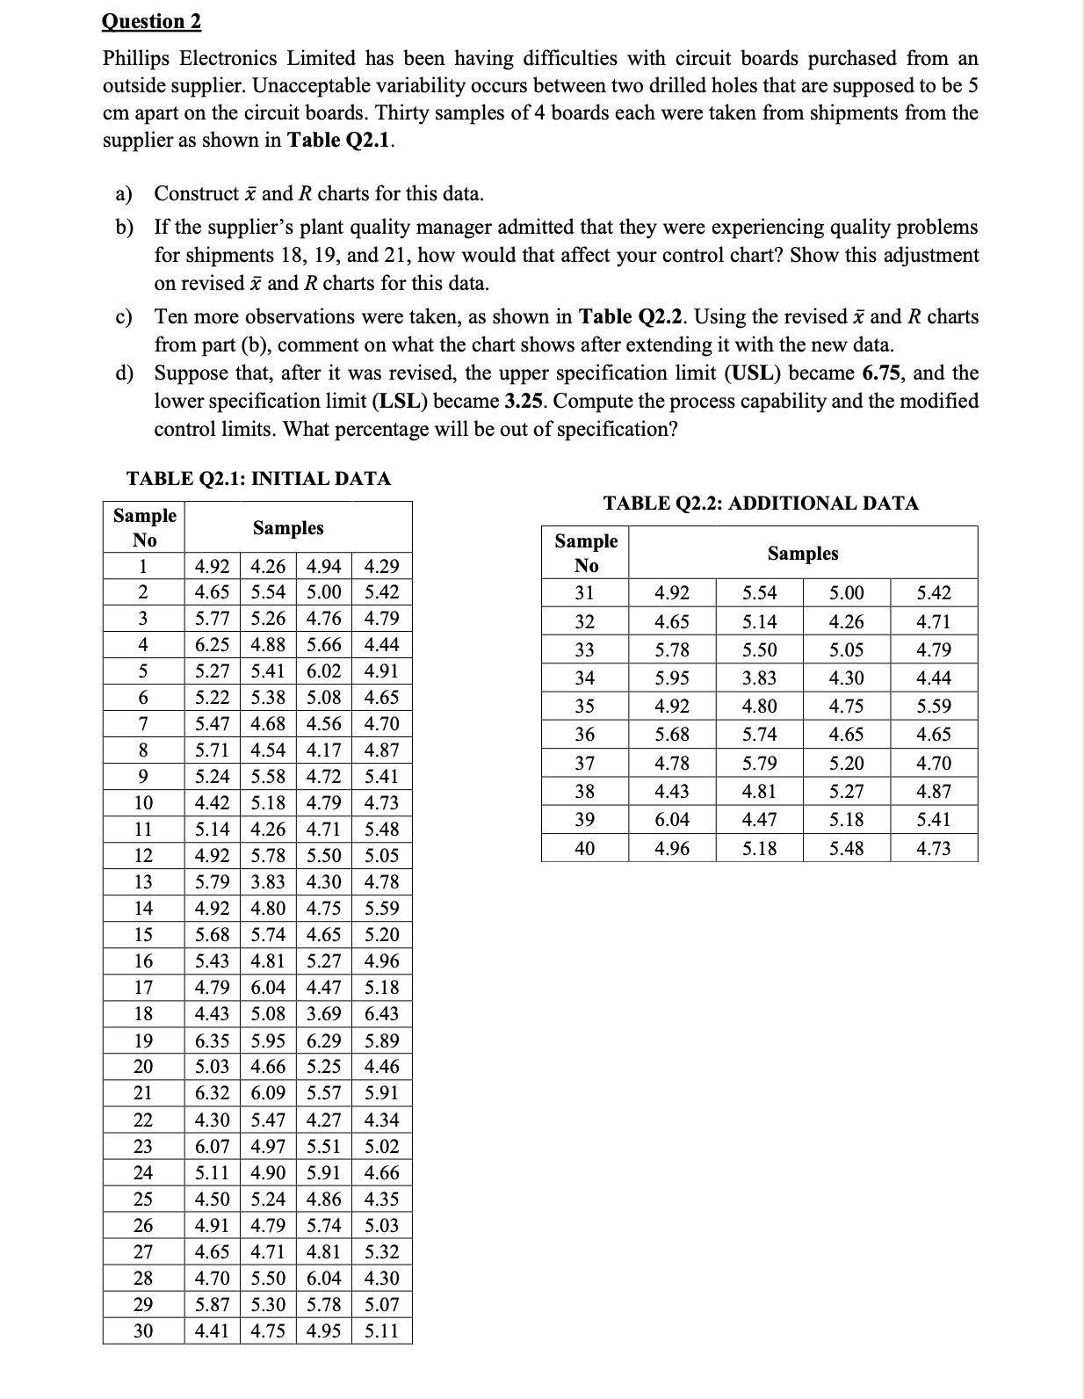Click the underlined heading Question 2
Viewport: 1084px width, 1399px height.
tap(152, 21)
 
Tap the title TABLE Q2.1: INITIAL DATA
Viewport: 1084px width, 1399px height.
tap(258, 479)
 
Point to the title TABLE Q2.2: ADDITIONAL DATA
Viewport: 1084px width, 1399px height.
tap(761, 504)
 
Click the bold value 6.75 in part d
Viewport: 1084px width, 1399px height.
tap(884, 373)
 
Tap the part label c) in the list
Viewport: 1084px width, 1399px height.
tap(125, 316)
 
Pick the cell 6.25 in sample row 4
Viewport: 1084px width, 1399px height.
tap(212, 644)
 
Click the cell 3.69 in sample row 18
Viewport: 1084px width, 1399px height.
tap(324, 1013)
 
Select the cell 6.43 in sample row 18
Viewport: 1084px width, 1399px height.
tap(381, 1013)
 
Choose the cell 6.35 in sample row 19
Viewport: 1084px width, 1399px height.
tap(212, 1040)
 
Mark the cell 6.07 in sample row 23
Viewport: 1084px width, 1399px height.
tap(212, 1146)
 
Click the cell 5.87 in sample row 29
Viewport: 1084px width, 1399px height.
tap(212, 1304)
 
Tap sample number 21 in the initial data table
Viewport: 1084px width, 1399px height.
tap(143, 1093)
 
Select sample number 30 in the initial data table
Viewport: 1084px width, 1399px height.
tap(143, 1330)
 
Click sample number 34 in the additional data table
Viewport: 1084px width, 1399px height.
tap(585, 678)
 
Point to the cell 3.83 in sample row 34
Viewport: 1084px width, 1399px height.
tap(759, 678)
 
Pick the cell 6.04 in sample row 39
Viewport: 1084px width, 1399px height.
tap(672, 819)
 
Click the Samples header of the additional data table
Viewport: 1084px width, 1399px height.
tap(803, 553)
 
